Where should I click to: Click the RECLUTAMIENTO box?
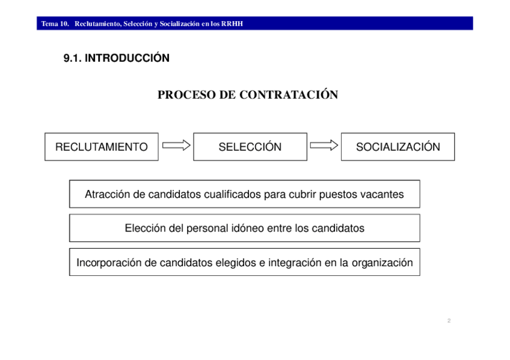coord(101,147)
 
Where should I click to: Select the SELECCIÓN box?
coord(250,147)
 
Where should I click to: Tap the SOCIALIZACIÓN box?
coord(398,147)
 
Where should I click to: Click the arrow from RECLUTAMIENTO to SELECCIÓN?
coord(176,145)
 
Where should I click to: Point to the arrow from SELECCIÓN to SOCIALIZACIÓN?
coord(324,145)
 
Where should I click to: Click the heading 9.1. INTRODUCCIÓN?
coord(117,58)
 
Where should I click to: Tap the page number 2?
coord(449,320)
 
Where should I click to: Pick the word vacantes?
coord(382,194)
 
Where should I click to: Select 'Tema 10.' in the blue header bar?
coord(55,24)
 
